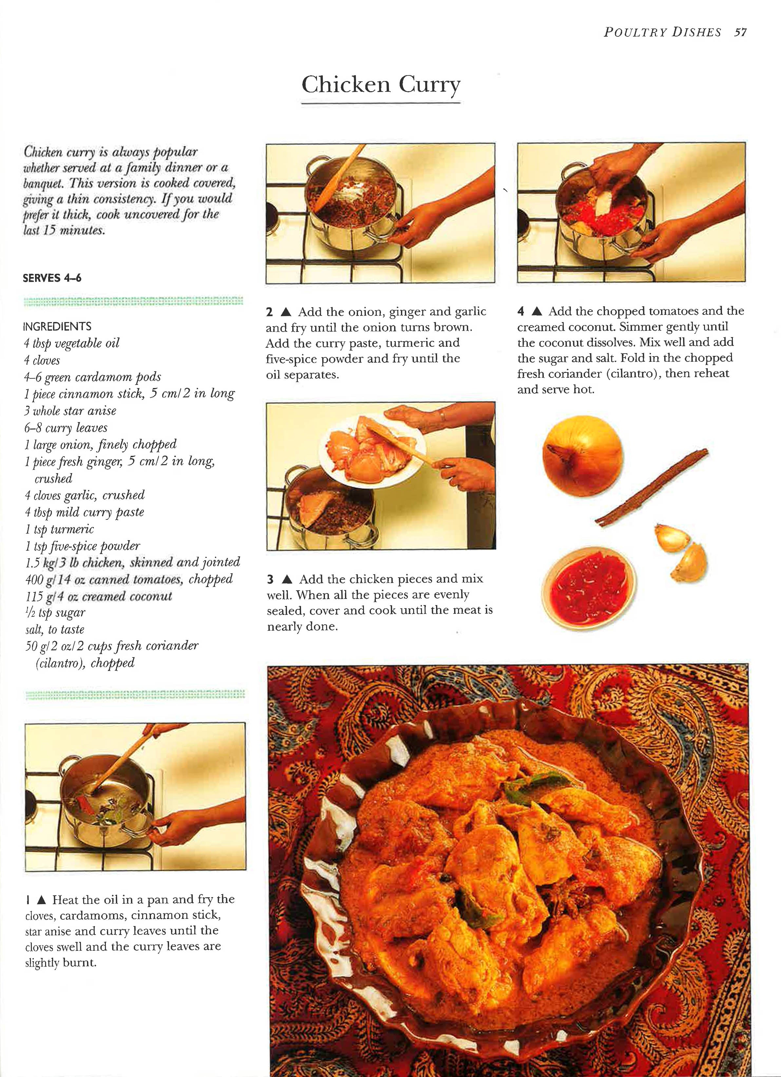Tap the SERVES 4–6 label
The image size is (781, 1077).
point(52,278)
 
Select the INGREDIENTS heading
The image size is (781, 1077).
point(57,326)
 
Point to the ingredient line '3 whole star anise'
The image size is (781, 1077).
point(70,411)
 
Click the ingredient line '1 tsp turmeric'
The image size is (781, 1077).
point(59,529)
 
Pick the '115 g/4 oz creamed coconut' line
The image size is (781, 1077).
point(98,597)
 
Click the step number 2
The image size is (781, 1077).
point(270,312)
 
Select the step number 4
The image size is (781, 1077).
point(521,312)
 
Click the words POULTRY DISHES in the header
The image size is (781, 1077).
point(662,32)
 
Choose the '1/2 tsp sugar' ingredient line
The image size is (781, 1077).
point(55,613)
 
